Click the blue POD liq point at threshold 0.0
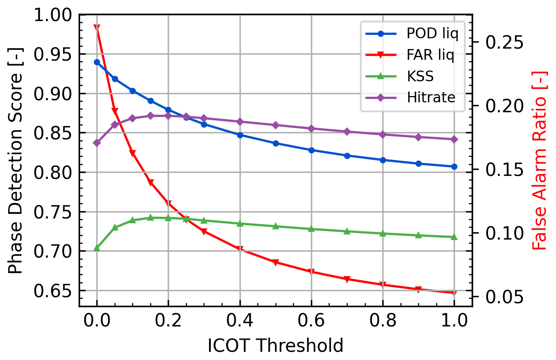[x=97, y=62]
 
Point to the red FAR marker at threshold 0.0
[x=97, y=28]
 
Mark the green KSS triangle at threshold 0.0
[x=97, y=248]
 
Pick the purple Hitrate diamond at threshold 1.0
[x=454, y=139]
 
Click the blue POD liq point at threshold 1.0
[x=454, y=166]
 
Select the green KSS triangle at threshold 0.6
[x=311, y=229]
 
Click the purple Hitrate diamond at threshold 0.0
[x=97, y=143]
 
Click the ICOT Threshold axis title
[x=275, y=345]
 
